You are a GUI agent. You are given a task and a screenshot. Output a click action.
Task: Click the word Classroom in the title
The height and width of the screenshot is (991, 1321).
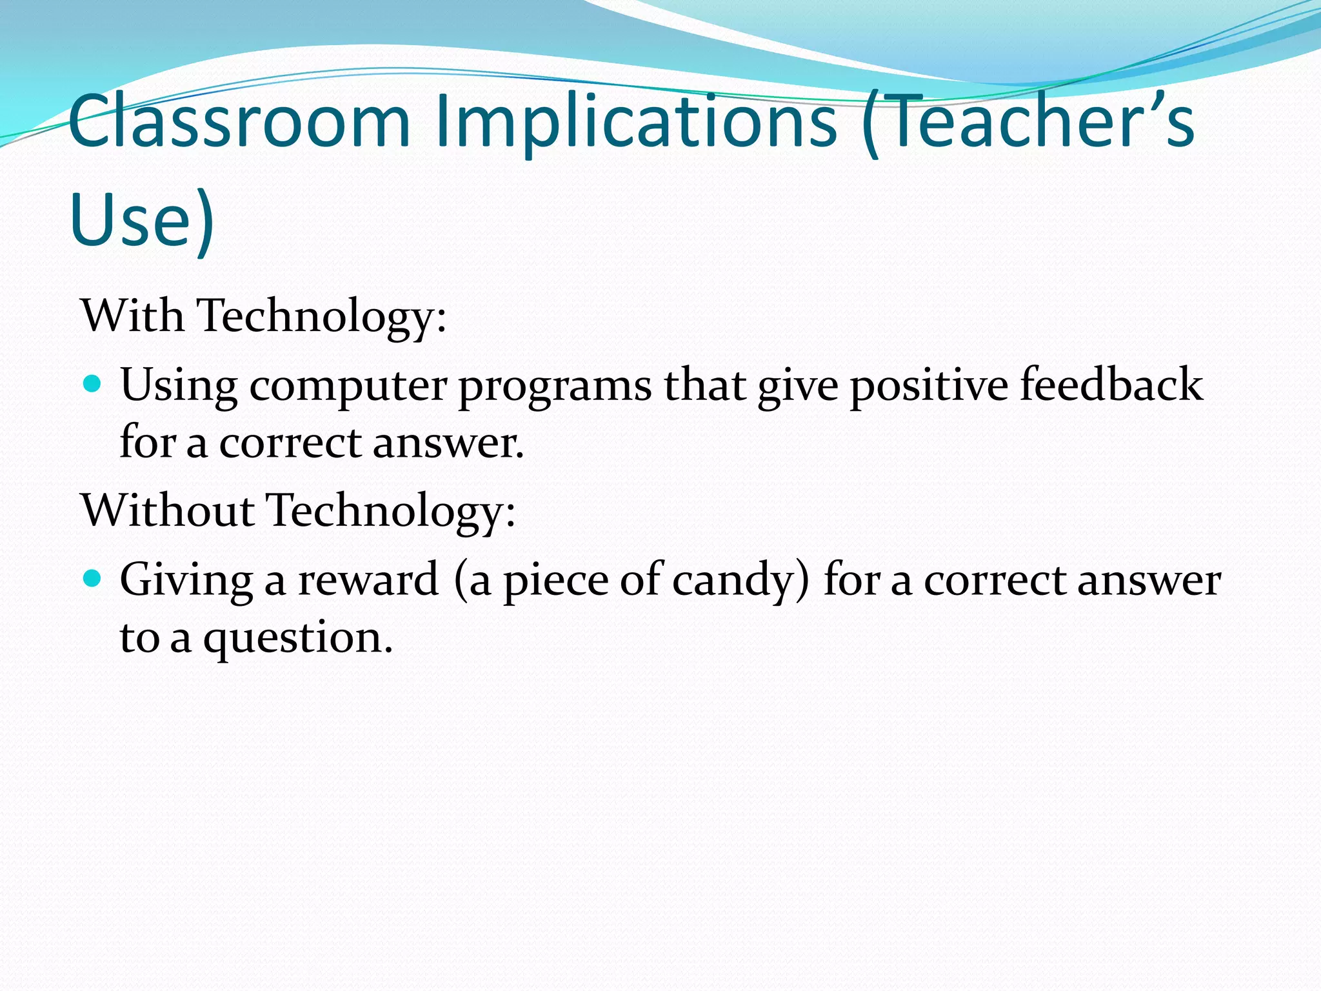tap(239, 121)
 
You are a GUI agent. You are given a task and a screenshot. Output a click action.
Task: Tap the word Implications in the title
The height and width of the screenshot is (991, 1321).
tap(636, 123)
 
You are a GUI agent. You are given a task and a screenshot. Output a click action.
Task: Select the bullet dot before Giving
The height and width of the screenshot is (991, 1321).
tap(93, 578)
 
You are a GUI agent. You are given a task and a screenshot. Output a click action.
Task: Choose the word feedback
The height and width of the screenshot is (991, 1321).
tap(1111, 385)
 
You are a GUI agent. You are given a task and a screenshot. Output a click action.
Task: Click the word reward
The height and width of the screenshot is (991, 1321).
tap(368, 579)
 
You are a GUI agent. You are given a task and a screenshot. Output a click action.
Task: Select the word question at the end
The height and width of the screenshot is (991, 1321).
tap(297, 639)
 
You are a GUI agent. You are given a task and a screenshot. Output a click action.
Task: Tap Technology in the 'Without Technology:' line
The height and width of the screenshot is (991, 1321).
tap(391, 511)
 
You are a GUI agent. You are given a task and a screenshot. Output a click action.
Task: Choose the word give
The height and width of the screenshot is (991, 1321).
tap(798, 386)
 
